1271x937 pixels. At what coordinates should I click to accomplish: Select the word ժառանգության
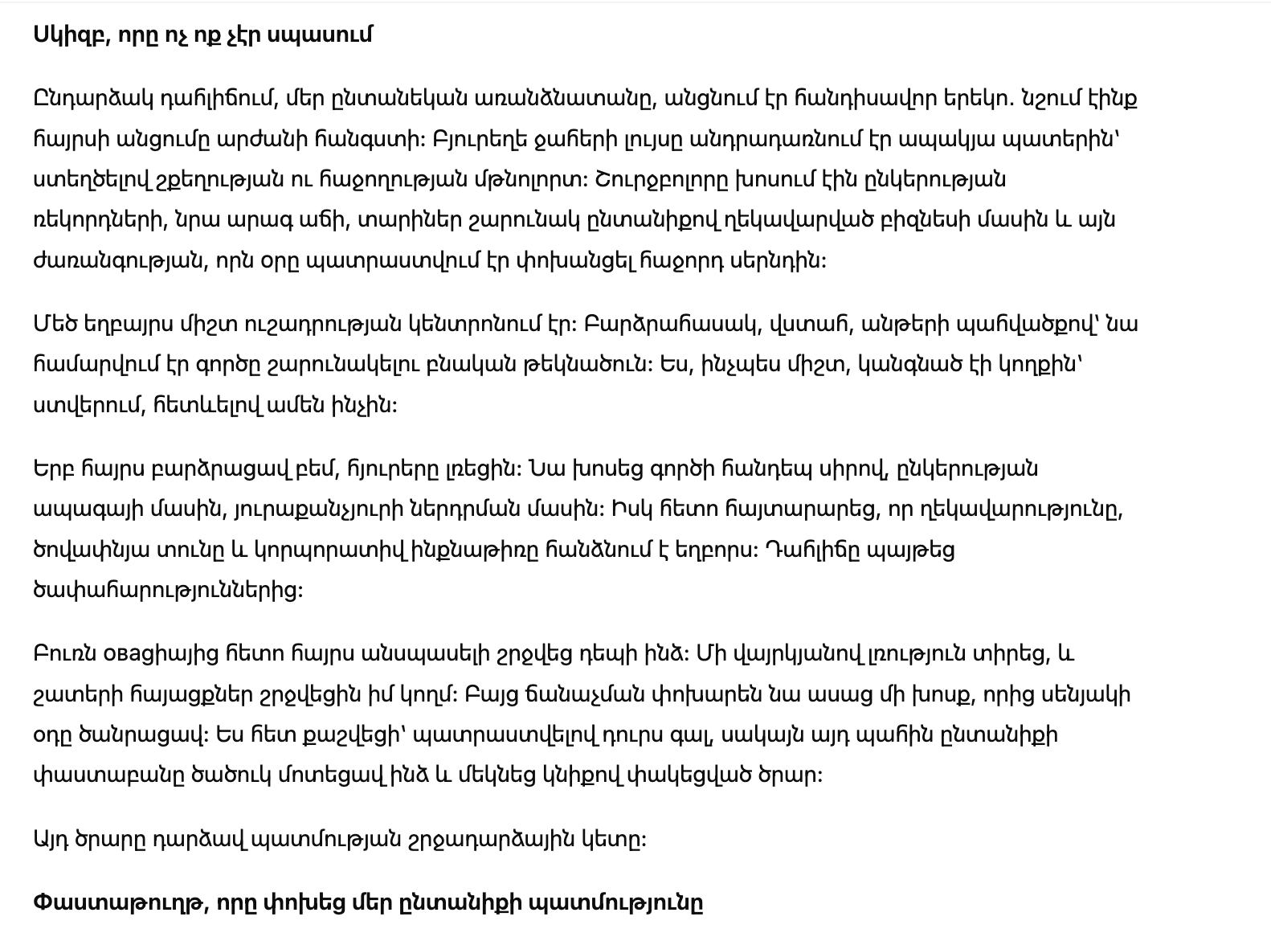(x=120, y=261)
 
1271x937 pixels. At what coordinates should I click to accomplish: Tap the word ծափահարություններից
(x=168, y=591)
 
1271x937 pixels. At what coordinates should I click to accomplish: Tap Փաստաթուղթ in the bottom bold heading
(x=123, y=902)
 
